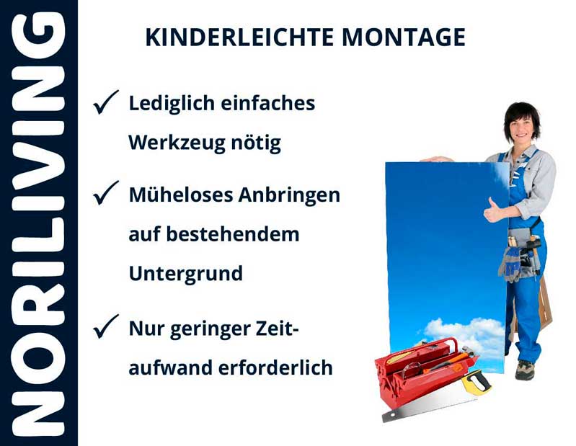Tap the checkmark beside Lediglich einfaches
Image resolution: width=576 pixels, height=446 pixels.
(105, 103)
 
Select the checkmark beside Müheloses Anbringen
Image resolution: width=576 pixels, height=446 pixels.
(105, 194)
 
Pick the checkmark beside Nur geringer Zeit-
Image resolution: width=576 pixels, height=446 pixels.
(105, 328)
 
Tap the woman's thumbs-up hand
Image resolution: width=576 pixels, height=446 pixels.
(495, 210)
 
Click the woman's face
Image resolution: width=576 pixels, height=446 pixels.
(521, 127)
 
